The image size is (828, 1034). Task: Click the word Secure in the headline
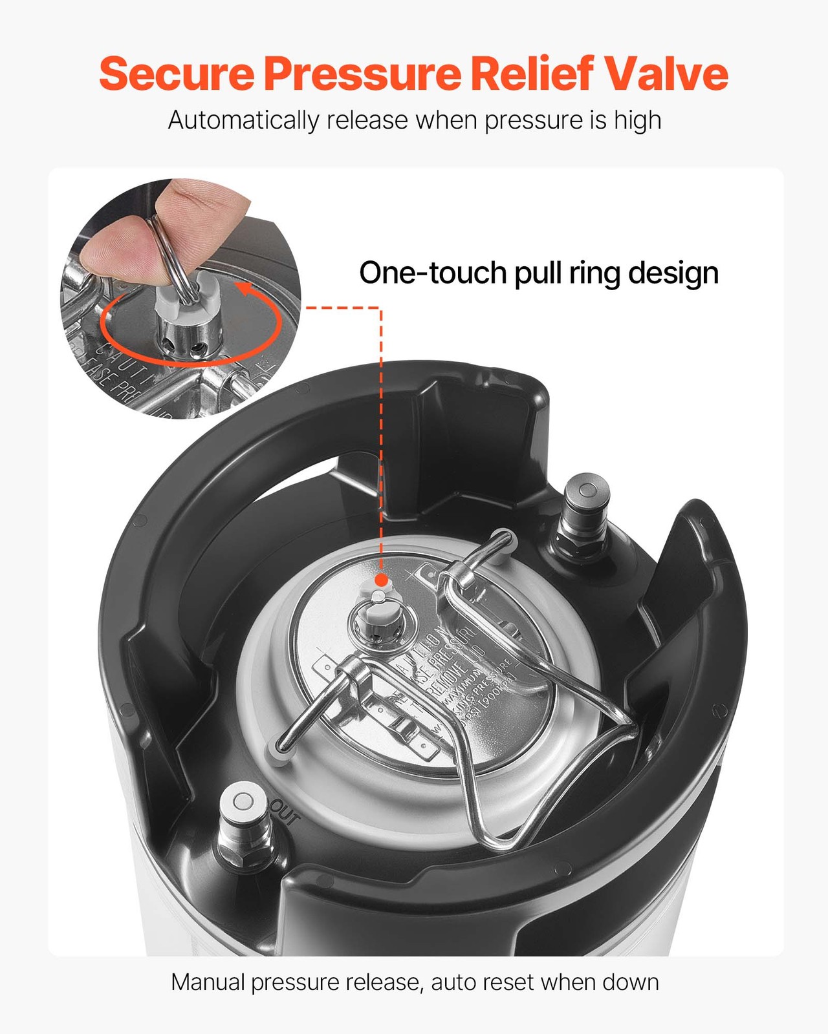pos(177,74)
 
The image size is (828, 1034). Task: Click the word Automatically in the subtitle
pos(243,121)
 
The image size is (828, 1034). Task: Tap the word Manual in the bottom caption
pos(208,982)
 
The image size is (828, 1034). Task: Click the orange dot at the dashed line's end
pos(381,580)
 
